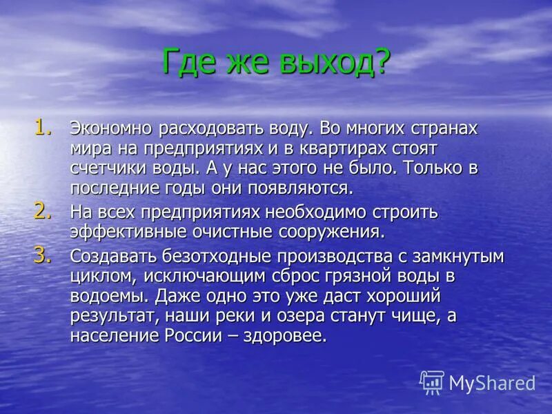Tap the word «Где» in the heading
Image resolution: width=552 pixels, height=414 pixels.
click(x=187, y=63)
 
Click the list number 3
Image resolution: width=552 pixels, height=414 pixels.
click(x=43, y=255)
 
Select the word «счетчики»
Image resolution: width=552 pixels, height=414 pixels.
click(x=108, y=168)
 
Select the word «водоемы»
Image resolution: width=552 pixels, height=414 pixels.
click(x=110, y=297)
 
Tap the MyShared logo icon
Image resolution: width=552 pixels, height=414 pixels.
click(x=432, y=382)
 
